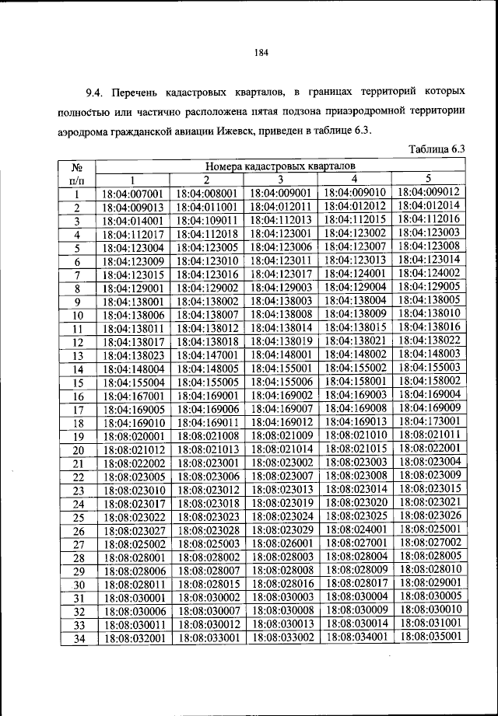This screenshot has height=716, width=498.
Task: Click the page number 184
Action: pyautogui.click(x=261, y=53)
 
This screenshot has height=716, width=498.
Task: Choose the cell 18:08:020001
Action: pyautogui.click(x=132, y=436)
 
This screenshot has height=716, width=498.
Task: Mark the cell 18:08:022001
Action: pyautogui.click(x=429, y=448)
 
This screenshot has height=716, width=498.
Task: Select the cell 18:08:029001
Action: pyautogui.click(x=429, y=582)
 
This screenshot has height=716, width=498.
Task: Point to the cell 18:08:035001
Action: pyautogui.click(x=429, y=635)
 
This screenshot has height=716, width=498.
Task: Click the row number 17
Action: pyautogui.click(x=78, y=410)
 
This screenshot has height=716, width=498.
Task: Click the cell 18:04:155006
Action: pyautogui.click(x=282, y=382)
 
